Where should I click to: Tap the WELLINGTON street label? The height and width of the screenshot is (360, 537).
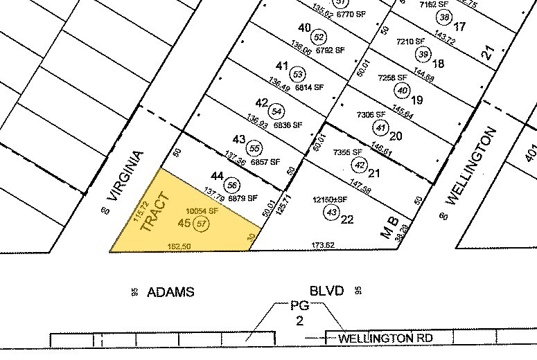coord(471,165)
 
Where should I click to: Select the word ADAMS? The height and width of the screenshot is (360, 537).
coord(170,292)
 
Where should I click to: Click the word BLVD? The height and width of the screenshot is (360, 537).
coord(326,291)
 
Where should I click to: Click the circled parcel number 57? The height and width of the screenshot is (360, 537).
coord(202,224)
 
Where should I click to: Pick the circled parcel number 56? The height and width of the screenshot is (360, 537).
coord(233,185)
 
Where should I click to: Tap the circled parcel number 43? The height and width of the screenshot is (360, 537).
coord(332,212)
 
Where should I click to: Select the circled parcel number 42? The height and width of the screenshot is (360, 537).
coord(359,165)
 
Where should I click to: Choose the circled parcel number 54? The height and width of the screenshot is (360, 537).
coord(277,111)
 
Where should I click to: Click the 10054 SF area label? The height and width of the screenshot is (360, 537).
coord(203,210)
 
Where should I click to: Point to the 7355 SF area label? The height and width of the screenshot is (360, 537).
coord(348,152)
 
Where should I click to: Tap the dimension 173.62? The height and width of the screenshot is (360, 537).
coord(323,245)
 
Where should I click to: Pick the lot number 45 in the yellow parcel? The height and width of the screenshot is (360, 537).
coord(184,223)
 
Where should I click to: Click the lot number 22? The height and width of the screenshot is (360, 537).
coord(347,219)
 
